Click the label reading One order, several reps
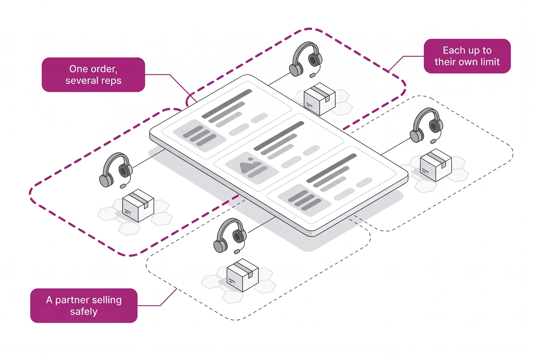point(93,75)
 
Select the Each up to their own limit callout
point(467,56)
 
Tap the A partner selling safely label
point(84,306)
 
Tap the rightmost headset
point(426,126)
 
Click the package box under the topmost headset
point(320,99)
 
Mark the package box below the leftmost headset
point(138,206)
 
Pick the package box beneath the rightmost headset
point(436,165)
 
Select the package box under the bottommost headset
point(242,275)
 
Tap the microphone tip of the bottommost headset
point(237,251)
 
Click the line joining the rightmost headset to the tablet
point(396,146)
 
